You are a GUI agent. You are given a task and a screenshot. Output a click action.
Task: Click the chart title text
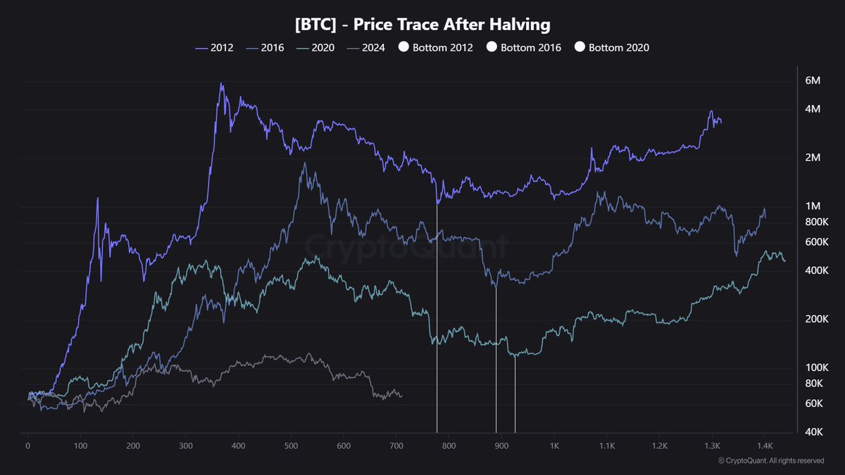pos(423,25)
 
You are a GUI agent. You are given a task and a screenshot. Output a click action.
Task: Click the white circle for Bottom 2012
pos(403,48)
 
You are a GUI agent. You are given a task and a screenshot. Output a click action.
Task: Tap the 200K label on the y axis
pos(813,319)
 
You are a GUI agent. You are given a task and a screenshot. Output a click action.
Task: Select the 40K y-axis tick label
pos(813,431)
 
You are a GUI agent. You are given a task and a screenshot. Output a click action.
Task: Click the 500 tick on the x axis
pos(291,446)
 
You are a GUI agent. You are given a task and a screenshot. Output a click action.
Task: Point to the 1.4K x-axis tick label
pos(765,446)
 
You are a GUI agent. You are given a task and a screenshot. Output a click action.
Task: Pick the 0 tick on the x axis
pos(28,446)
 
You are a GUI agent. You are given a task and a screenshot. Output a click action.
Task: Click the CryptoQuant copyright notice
pos(770,461)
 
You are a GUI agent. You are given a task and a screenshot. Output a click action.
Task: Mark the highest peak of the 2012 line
pos(221,84)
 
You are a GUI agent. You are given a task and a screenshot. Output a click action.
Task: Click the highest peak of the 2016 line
pos(304,163)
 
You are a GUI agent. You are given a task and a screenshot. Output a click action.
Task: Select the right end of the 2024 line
pos(401,395)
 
